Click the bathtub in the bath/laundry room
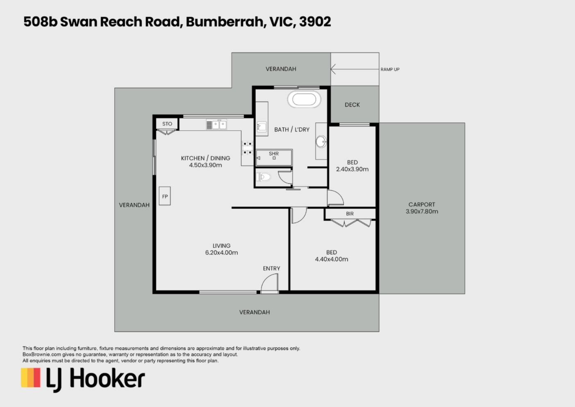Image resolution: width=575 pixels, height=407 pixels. (304, 99)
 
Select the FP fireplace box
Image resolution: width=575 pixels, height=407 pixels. (164, 196)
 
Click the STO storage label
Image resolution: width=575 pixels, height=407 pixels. (167, 124)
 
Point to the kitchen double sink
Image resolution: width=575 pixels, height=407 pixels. (216, 125)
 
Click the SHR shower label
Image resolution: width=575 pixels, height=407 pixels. (274, 154)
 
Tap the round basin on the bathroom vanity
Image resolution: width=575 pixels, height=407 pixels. (321, 142)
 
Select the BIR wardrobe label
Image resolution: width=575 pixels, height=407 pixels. (350, 214)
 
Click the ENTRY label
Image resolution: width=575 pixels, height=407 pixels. (271, 268)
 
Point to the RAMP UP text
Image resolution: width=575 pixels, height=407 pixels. (390, 69)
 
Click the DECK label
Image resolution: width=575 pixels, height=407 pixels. (352, 105)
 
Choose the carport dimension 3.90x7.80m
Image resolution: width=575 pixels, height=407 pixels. (422, 211)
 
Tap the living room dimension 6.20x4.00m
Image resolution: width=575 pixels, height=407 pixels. (222, 253)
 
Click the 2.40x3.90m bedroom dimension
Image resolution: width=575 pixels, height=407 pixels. (352, 169)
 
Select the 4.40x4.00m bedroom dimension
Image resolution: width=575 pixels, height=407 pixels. (332, 259)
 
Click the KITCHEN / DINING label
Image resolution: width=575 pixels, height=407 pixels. (205, 158)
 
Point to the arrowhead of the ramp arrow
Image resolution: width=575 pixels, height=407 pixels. (331, 69)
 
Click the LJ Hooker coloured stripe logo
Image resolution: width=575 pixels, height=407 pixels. (31, 377)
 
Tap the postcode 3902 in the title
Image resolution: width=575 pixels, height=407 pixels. (315, 22)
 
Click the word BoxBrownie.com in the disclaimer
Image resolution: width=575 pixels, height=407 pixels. (42, 354)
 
